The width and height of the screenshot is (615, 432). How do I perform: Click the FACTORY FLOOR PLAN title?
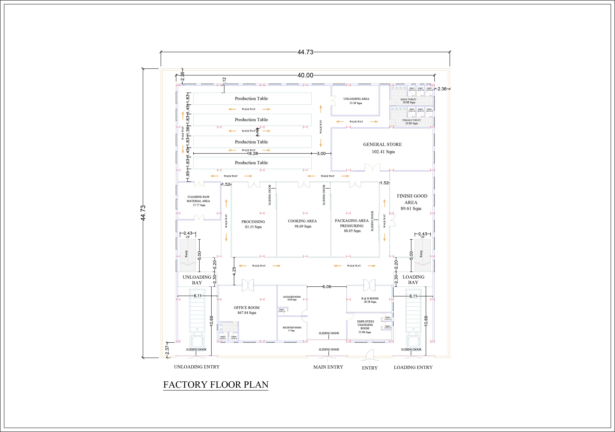216,385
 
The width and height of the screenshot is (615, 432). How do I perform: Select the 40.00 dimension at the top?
305,75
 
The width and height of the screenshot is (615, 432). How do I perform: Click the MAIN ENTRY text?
328,367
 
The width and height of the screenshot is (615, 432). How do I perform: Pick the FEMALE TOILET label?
411,120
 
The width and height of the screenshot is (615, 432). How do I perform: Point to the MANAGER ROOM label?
292,297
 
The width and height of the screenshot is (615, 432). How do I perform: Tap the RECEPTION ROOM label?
292,327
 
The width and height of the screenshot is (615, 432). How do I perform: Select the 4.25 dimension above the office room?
234,271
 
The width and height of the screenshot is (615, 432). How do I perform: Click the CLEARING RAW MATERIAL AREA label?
198,199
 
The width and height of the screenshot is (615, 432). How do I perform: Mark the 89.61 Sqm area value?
411,208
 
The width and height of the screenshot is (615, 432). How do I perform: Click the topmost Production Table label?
251,99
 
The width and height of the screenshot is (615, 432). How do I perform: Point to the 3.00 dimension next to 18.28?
321,154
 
